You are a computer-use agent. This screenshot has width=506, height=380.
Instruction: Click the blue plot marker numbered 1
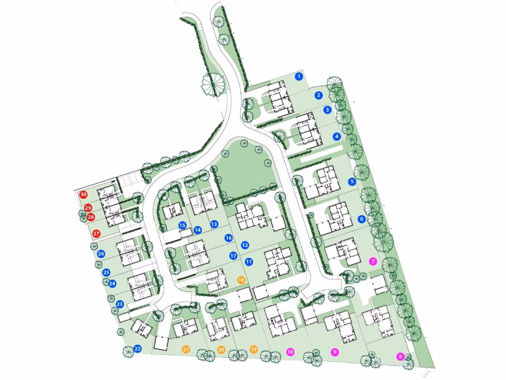pyautogui.click(x=298, y=76)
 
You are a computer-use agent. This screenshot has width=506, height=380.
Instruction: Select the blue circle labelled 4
pyautogui.click(x=337, y=137)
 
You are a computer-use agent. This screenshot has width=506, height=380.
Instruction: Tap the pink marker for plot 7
pyautogui.click(x=373, y=261)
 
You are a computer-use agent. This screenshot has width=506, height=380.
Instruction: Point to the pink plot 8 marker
pyautogui.click(x=400, y=356)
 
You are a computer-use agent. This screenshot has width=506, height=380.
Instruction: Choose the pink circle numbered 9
pyautogui.click(x=335, y=352)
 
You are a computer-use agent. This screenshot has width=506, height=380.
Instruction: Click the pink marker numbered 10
pyautogui.click(x=290, y=352)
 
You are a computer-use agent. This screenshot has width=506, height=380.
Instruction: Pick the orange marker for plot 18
pyautogui.click(x=241, y=280)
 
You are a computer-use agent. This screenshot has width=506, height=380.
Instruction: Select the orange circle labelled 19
pyautogui.click(x=254, y=349)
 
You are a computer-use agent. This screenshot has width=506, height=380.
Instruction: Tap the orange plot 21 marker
pyautogui.click(x=186, y=349)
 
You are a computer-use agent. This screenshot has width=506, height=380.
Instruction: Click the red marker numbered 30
pyautogui.click(x=84, y=195)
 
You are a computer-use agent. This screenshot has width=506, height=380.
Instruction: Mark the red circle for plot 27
pyautogui.click(x=96, y=233)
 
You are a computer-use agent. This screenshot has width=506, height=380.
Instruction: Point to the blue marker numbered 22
pyautogui.click(x=137, y=349)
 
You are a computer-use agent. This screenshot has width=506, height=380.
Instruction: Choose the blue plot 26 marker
pyautogui.click(x=101, y=254)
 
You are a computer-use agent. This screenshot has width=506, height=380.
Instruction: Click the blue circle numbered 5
pyautogui.click(x=352, y=182)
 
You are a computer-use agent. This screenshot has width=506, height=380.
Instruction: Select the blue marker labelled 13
pyautogui.click(x=214, y=224)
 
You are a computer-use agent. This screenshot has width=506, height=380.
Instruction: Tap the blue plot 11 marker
pyautogui.click(x=249, y=261)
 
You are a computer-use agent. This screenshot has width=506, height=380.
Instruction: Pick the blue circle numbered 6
pyautogui.click(x=361, y=219)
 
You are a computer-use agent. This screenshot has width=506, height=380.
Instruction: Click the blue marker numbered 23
pyautogui.click(x=120, y=304)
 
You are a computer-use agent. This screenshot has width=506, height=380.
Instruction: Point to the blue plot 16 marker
pyautogui.click(x=228, y=238)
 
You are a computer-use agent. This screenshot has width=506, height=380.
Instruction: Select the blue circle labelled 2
pyautogui.click(x=319, y=95)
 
